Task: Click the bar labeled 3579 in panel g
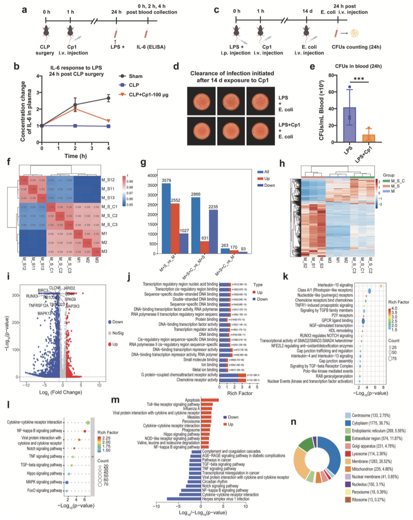click(166, 218)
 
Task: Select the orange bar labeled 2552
click(176, 228)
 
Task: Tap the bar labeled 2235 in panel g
click(213, 231)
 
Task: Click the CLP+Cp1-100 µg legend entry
click(148, 94)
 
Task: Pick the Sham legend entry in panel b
click(135, 76)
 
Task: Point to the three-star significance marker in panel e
click(359, 79)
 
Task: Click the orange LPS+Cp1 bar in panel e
click(369, 138)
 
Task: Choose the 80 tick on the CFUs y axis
click(331, 75)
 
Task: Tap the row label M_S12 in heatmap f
click(108, 180)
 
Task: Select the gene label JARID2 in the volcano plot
click(69, 288)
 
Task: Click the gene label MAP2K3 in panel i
click(73, 306)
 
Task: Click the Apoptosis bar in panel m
click(210, 400)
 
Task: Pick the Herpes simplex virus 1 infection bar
click(184, 499)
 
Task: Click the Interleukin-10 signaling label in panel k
click(335, 285)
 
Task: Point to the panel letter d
click(176, 66)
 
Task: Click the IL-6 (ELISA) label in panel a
click(151, 47)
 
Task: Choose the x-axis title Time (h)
click(76, 156)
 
